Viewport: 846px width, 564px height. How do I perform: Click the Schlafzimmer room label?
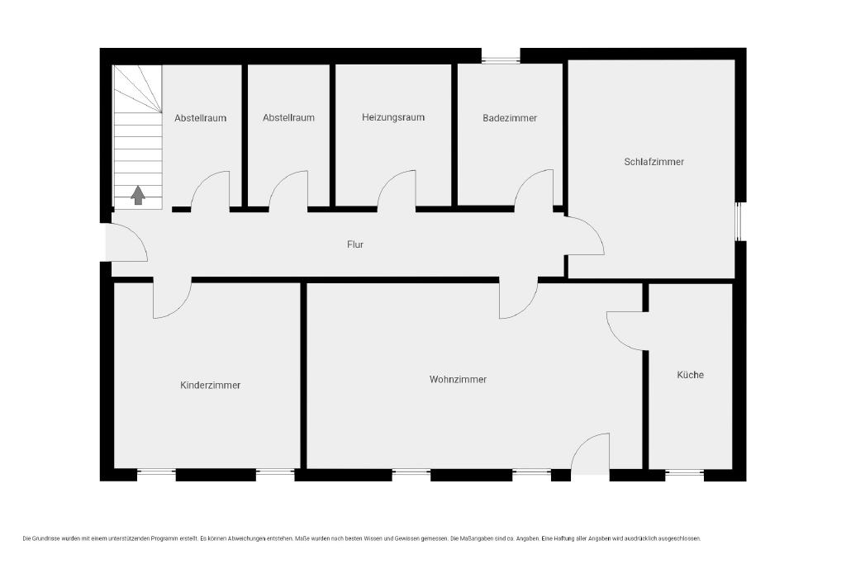tap(654, 162)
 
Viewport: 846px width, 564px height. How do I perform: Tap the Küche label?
tap(690, 375)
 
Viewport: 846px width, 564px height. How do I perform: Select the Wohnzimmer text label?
tap(458, 380)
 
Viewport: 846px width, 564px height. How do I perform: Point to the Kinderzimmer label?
tap(211, 385)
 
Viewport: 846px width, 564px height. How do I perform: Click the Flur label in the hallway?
tap(355, 244)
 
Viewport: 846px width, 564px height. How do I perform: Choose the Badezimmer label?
tap(510, 118)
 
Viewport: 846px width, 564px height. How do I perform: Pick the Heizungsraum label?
tap(393, 117)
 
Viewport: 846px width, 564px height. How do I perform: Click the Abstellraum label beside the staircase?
tap(200, 118)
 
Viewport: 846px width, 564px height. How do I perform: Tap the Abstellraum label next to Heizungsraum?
tap(288, 117)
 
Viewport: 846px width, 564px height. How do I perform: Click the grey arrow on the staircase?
tap(138, 195)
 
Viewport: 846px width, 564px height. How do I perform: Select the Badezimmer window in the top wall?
tap(501, 60)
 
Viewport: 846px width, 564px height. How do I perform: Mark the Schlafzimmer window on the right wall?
tap(739, 221)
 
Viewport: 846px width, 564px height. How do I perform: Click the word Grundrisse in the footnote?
tap(46, 538)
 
